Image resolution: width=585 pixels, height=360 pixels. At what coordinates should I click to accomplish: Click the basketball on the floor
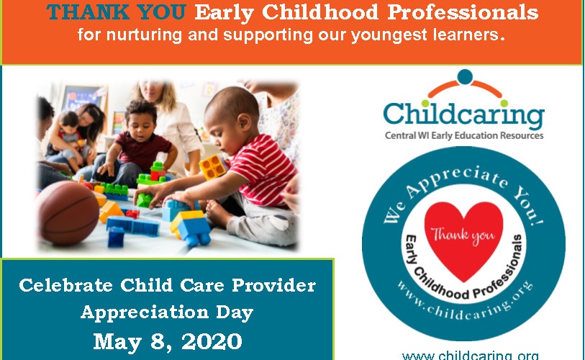click(x=68, y=213)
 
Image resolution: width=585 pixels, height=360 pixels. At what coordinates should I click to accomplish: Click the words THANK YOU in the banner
click(x=116, y=12)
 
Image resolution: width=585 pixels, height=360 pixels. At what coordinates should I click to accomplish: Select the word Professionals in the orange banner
click(x=463, y=12)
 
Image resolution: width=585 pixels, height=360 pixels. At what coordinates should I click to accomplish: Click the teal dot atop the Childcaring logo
click(x=465, y=76)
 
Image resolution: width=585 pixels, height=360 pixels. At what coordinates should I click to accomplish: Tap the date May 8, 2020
click(x=168, y=342)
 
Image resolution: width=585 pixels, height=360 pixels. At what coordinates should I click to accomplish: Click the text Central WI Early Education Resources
click(x=464, y=135)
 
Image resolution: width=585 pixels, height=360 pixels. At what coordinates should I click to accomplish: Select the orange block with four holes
click(x=213, y=166)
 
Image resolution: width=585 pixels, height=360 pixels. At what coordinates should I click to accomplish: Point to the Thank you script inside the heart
click(x=463, y=235)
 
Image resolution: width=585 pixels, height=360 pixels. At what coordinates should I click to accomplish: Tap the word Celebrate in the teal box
click(x=65, y=286)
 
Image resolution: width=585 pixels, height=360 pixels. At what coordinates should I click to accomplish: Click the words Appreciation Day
click(x=167, y=312)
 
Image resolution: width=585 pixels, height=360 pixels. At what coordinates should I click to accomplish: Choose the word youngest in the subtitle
click(x=389, y=35)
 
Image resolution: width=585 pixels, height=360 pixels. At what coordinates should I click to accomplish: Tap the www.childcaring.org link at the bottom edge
click(x=471, y=355)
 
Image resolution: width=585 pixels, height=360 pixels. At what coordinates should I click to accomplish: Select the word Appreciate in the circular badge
click(x=457, y=179)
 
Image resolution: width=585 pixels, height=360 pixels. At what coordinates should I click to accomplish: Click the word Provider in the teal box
click(x=274, y=286)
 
